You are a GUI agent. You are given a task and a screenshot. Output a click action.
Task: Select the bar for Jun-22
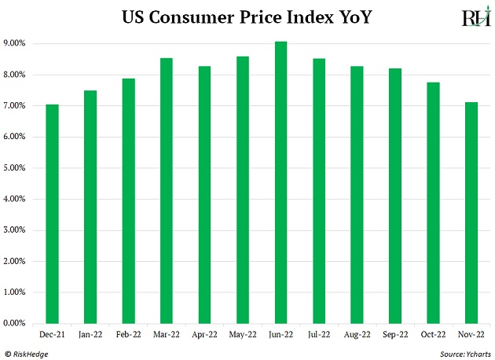tap(280, 182)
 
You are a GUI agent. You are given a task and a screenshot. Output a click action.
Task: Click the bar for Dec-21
tap(52, 214)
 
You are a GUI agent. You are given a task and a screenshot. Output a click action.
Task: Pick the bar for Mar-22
tap(167, 191)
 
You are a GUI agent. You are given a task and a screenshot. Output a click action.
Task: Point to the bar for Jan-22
tap(90, 207)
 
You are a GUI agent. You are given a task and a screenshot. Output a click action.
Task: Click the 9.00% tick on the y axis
tap(19, 44)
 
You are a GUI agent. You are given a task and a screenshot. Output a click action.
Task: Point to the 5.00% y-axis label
tap(19, 168)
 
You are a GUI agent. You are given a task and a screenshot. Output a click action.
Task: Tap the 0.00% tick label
tap(19, 323)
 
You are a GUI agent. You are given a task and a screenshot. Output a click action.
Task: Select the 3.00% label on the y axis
tap(19, 230)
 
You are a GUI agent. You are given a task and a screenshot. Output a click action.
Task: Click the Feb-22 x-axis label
tap(128, 334)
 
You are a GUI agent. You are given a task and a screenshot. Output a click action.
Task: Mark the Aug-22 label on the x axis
tap(357, 334)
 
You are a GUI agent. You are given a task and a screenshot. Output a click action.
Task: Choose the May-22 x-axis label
tap(243, 334)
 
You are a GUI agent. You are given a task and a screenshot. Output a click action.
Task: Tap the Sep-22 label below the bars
tap(395, 334)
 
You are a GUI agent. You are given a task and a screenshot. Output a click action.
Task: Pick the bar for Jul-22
tap(319, 191)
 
